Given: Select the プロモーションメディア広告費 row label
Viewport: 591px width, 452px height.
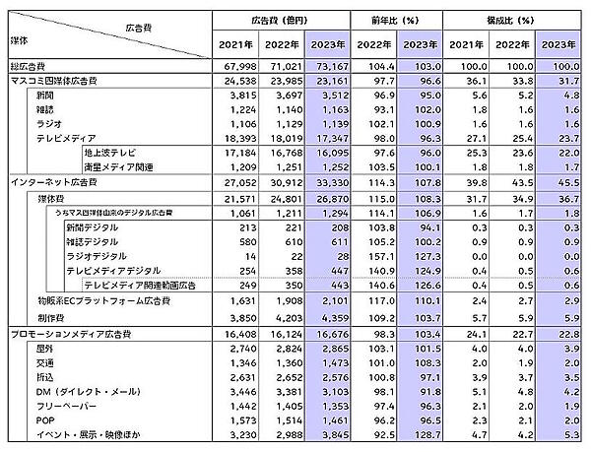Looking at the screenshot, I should coord(69,336).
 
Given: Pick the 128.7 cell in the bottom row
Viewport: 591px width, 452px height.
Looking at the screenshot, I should coord(418,434).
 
